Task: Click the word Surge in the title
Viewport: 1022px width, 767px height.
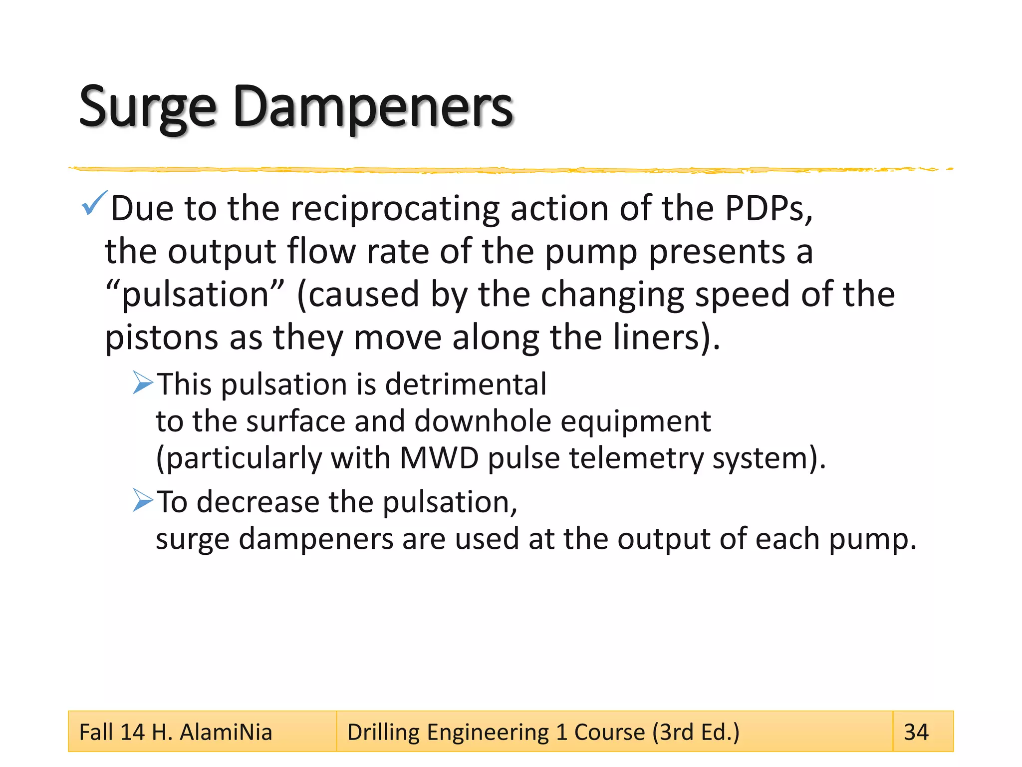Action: pyautogui.click(x=148, y=107)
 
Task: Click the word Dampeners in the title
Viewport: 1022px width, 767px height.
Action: pyautogui.click(x=372, y=107)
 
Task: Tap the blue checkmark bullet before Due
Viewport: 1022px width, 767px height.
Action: pyautogui.click(x=94, y=203)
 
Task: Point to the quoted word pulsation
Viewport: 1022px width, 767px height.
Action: pyautogui.click(x=195, y=295)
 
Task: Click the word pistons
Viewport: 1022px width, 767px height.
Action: pyautogui.click(x=161, y=338)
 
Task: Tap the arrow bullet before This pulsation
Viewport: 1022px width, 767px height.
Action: pyautogui.click(x=143, y=383)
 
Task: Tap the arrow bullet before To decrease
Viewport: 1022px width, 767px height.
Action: pyautogui.click(x=143, y=500)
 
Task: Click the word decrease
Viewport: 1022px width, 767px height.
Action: pyautogui.click(x=257, y=502)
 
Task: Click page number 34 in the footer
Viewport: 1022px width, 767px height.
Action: pyautogui.click(x=916, y=732)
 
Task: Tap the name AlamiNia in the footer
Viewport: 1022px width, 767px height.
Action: pyautogui.click(x=226, y=732)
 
